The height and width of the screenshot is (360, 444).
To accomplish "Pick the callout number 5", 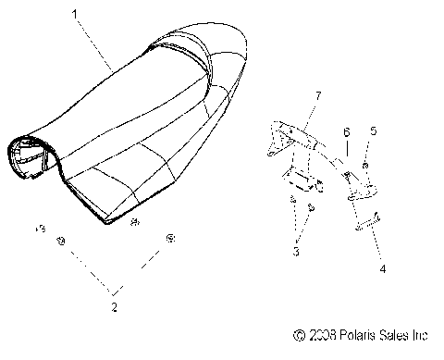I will point(373,132).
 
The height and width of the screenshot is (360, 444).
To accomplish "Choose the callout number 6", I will point(346,133).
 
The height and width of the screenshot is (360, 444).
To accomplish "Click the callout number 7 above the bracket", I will point(318,96).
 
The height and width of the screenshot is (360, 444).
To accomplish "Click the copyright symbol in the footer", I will point(298,334).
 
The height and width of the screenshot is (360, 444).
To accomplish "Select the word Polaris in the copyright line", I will point(354,334).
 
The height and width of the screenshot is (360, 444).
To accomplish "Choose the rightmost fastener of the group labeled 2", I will point(169,239).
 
